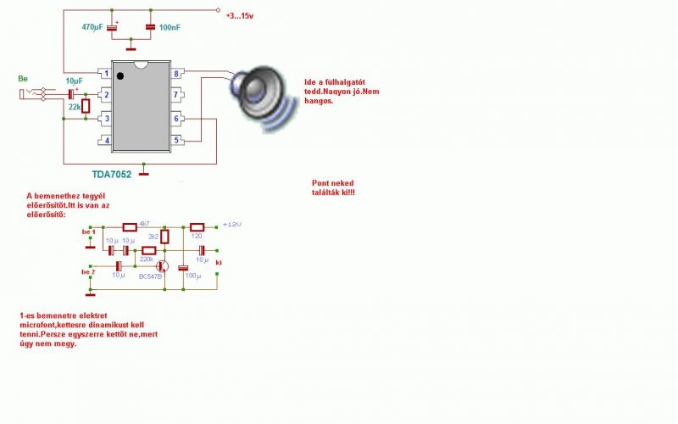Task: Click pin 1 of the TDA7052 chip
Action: (x=106, y=74)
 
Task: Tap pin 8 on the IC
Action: (x=177, y=74)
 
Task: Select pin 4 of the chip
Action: (x=106, y=140)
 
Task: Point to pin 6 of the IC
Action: (x=177, y=118)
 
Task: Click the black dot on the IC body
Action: (x=120, y=77)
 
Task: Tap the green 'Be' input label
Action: (x=23, y=79)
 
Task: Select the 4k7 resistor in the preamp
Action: (x=130, y=227)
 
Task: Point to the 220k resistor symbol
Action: (x=148, y=251)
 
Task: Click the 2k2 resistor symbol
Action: (x=164, y=237)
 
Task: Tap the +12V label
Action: (x=231, y=225)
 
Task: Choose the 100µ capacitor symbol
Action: (x=182, y=269)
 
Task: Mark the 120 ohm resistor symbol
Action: (x=197, y=227)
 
